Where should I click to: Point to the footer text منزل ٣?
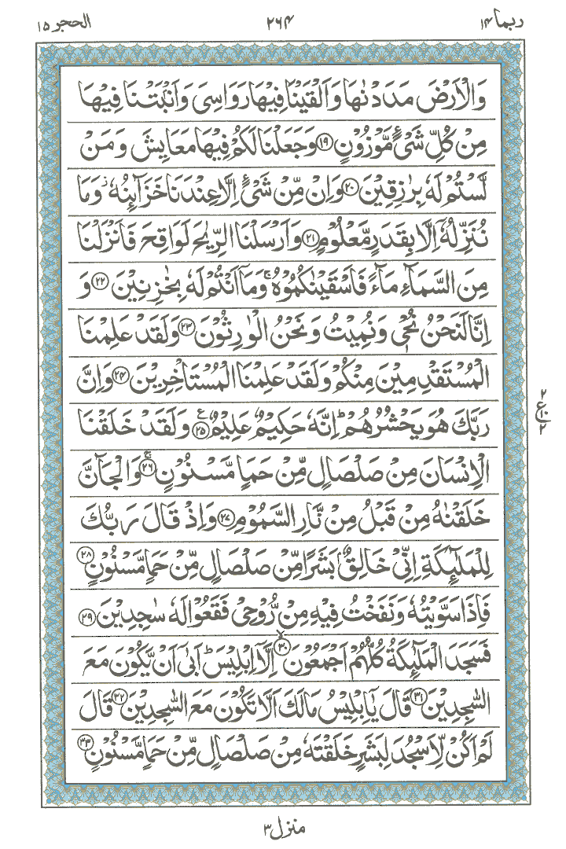[x=282, y=828]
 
